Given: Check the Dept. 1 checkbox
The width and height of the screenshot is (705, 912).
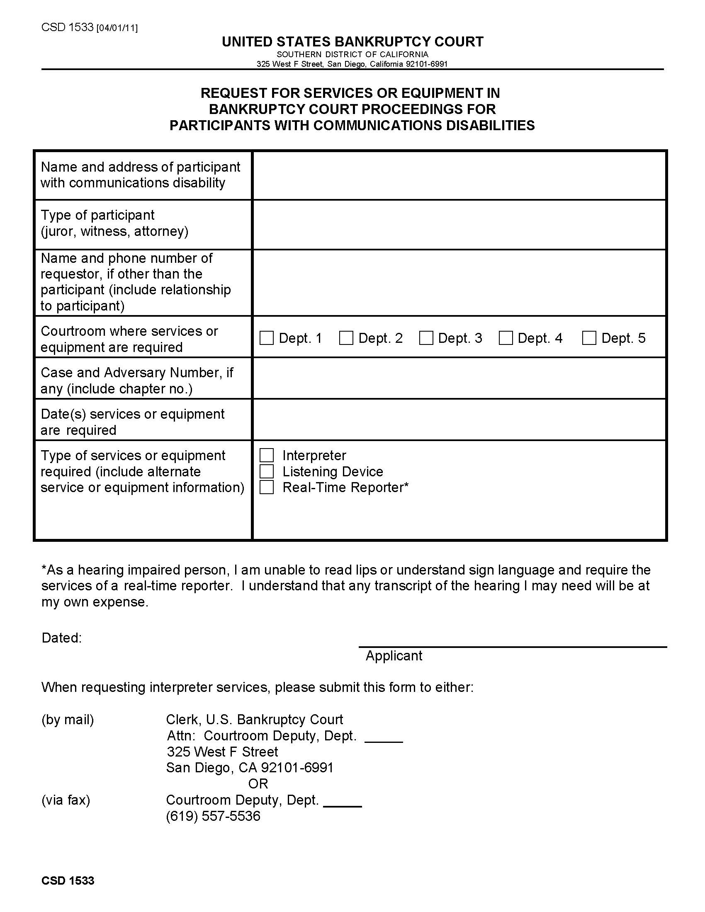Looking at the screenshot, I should click(x=267, y=338).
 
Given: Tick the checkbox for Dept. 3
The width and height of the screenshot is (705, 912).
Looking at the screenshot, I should click(x=426, y=338).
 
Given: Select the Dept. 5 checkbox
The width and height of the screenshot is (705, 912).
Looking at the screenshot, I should click(x=589, y=338).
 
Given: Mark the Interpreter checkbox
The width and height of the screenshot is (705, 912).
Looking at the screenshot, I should click(x=267, y=455).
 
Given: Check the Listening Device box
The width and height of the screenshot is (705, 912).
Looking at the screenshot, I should click(x=267, y=471).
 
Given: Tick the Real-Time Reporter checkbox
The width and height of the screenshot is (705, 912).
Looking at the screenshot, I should click(x=267, y=488).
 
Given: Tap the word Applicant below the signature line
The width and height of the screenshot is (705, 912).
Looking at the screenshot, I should click(x=394, y=656).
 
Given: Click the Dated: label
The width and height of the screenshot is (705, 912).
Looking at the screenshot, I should click(x=61, y=638).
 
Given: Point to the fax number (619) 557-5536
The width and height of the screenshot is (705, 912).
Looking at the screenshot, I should click(x=213, y=815).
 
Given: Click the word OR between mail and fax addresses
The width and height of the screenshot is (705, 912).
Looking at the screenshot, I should click(x=258, y=783).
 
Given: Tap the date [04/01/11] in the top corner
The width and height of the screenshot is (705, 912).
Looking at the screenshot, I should click(x=117, y=28).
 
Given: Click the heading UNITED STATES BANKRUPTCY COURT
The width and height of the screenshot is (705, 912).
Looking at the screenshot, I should click(x=352, y=42).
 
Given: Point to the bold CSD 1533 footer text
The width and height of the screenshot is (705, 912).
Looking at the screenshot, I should click(x=68, y=880).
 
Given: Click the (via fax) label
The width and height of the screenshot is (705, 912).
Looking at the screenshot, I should click(x=66, y=800).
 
